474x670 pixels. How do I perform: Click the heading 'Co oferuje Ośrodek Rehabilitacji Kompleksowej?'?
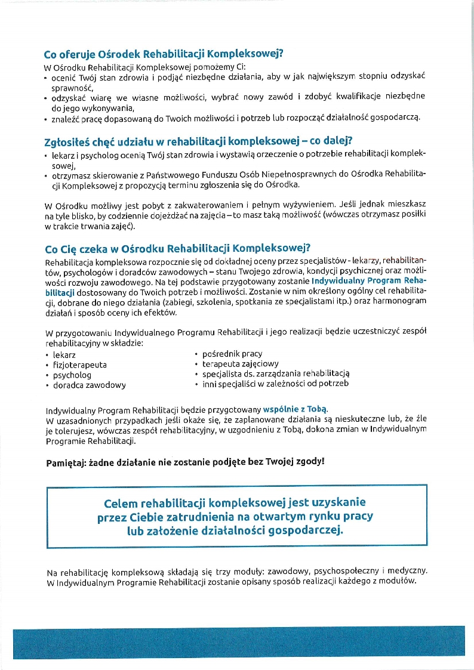[163, 53]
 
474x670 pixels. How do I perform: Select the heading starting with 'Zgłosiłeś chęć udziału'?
[198, 141]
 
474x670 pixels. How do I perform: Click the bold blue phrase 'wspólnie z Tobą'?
[300, 409]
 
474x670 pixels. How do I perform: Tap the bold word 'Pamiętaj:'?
[67, 462]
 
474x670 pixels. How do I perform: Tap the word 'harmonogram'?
[399, 302]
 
